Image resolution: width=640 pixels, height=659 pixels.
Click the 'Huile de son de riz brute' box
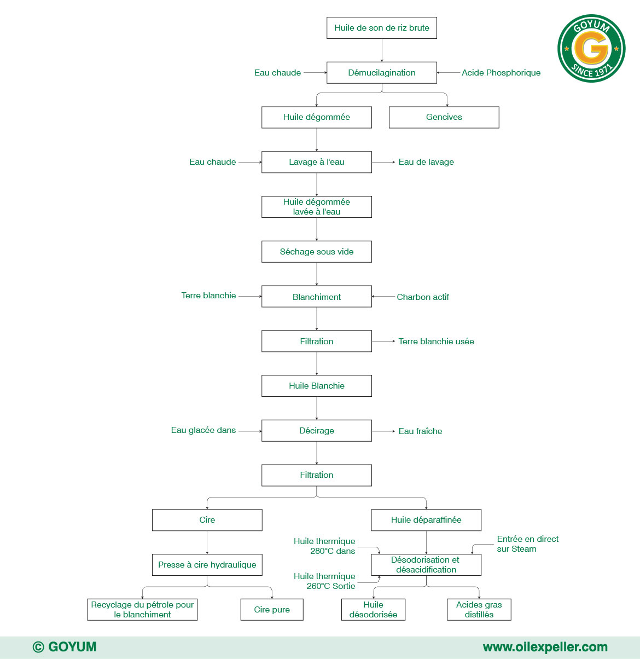tap(381, 28)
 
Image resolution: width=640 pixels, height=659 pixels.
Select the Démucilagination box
tap(381, 73)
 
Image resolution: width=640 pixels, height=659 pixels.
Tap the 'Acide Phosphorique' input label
tap(501, 73)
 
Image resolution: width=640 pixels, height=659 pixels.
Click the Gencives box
tap(444, 117)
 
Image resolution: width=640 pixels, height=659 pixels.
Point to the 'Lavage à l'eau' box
tap(316, 162)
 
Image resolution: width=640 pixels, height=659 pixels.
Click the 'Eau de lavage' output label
tap(426, 162)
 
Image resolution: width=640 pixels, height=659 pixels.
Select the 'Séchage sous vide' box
tap(316, 252)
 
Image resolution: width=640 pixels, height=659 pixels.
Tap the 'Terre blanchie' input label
tap(208, 296)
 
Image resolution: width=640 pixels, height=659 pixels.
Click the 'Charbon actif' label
tap(422, 297)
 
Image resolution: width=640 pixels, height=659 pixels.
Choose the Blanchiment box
tap(316, 297)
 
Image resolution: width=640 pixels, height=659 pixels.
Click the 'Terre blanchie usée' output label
tap(436, 342)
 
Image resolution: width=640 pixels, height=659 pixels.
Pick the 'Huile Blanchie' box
tap(316, 386)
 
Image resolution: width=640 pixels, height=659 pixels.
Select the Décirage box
tap(316, 431)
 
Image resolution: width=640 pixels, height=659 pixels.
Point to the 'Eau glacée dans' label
tap(203, 430)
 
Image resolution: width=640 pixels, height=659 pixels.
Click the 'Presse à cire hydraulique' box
tap(207, 565)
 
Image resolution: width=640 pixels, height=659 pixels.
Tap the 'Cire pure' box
tap(271, 610)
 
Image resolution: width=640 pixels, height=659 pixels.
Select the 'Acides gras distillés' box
tap(479, 610)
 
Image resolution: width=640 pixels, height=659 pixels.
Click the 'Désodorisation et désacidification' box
tap(426, 565)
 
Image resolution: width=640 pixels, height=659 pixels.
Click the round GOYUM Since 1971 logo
tap(591, 49)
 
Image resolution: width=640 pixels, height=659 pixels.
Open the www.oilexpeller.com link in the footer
tap(545, 647)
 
